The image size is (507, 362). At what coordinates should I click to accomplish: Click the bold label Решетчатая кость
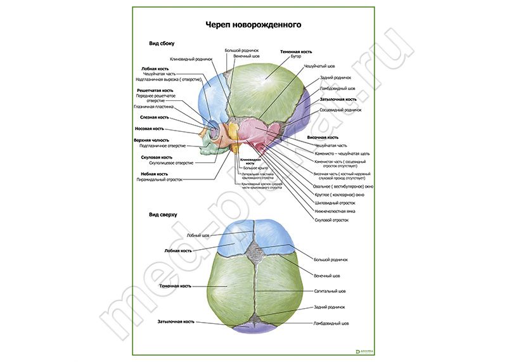[x=155, y=91]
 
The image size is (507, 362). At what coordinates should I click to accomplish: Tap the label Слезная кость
[x=155, y=117]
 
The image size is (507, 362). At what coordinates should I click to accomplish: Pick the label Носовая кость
[x=154, y=129]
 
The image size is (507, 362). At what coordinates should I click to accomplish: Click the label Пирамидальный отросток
[x=159, y=179]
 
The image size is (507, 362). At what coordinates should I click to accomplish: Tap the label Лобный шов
[x=198, y=235]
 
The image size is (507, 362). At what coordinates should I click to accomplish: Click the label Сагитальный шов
[x=330, y=292]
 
